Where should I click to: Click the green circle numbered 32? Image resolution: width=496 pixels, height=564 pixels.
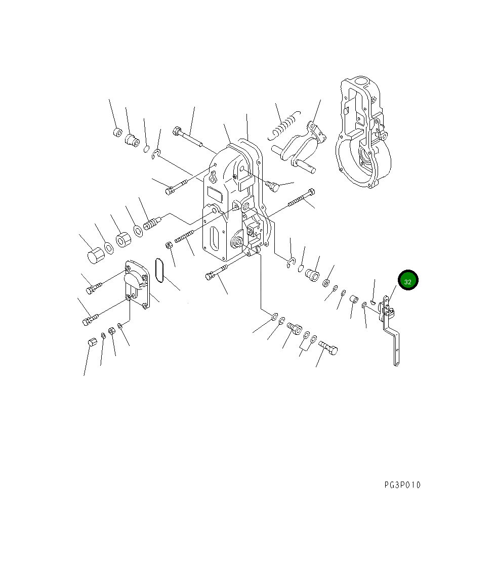(x=408, y=280)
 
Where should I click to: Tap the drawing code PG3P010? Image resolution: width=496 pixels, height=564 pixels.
(x=402, y=485)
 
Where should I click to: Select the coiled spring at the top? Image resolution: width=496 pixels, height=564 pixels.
(x=284, y=125)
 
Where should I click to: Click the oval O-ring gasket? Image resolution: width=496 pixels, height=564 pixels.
(x=159, y=270)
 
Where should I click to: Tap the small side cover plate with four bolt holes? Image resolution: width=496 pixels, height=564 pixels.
(x=137, y=285)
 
